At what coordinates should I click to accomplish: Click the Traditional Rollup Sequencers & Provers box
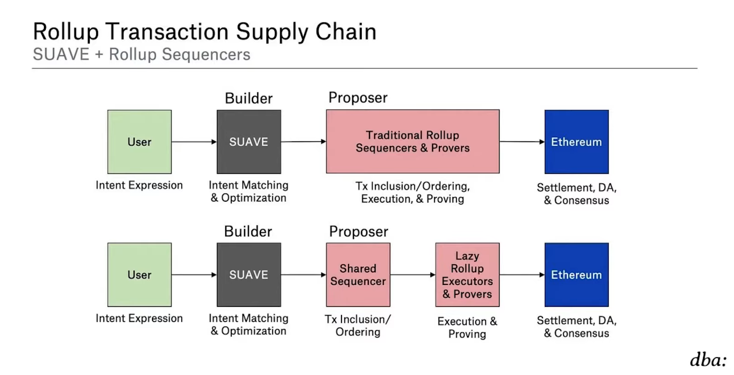click(x=413, y=141)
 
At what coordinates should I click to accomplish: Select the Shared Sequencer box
click(x=358, y=274)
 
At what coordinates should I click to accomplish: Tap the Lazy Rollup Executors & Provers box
click(x=467, y=274)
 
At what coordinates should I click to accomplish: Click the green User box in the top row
click(x=139, y=142)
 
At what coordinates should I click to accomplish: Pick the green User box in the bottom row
click(x=139, y=274)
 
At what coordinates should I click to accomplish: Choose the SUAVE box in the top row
click(x=249, y=142)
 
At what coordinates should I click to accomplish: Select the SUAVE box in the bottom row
click(x=249, y=274)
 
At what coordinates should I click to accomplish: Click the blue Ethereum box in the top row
click(x=576, y=142)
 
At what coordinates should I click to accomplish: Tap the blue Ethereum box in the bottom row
click(x=576, y=274)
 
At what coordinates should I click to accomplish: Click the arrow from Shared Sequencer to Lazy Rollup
click(x=413, y=275)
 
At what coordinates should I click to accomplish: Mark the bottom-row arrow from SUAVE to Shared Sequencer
click(x=303, y=275)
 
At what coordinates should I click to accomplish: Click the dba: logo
click(x=708, y=360)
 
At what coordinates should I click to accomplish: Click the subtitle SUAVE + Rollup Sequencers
click(x=141, y=54)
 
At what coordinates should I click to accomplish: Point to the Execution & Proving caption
click(x=467, y=327)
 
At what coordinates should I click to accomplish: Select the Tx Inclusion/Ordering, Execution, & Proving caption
click(x=413, y=193)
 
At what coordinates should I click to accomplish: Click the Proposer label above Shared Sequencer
click(x=359, y=231)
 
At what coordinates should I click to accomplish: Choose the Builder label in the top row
click(x=249, y=98)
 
